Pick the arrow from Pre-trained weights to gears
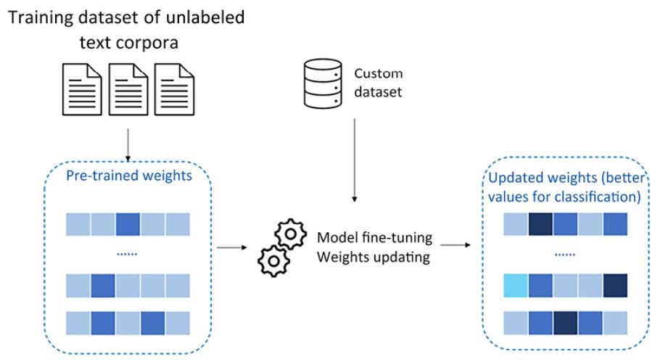click(x=232, y=247)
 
